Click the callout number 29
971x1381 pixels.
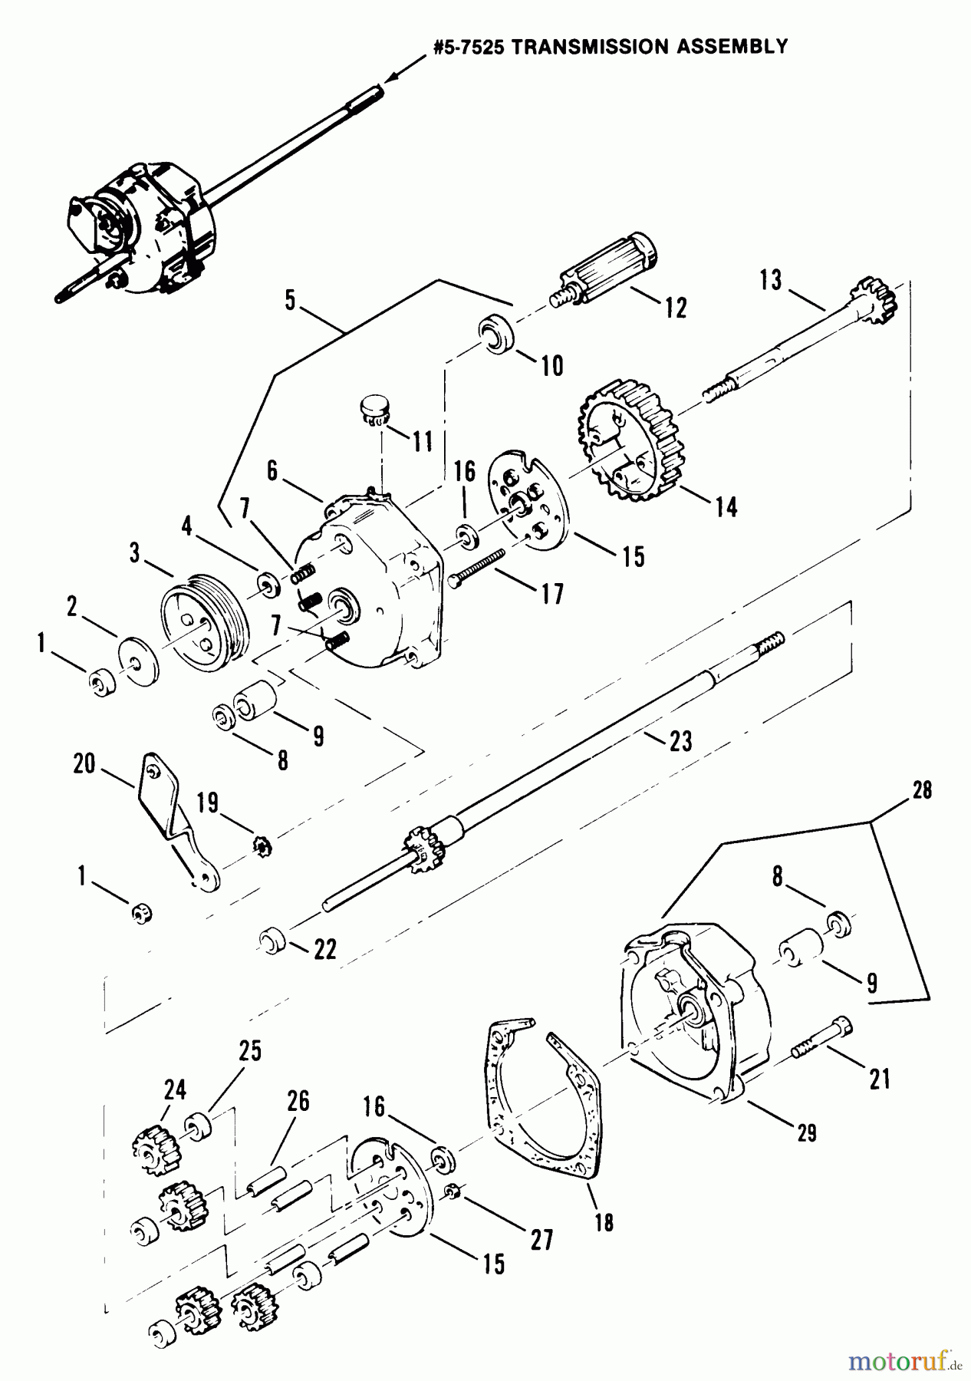[806, 1132]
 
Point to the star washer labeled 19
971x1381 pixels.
[262, 847]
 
